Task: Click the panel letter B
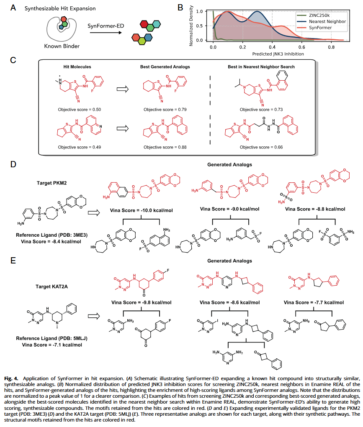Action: pos(180,7)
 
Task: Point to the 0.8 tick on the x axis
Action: pos(331,47)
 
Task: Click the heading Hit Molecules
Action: pos(75,66)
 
